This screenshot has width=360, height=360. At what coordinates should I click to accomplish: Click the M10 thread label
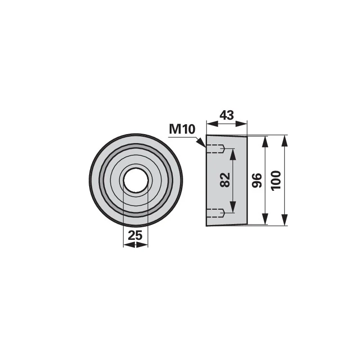click(182, 129)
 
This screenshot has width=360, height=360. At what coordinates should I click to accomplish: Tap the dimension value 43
click(227, 115)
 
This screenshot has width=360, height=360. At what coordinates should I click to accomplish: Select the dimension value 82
click(225, 180)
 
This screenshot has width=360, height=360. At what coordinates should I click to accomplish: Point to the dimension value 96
click(257, 180)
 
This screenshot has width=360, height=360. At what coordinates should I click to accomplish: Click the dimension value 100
click(276, 180)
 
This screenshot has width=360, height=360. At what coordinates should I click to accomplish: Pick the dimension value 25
click(135, 235)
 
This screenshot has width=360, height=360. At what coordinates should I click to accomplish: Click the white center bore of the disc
click(136, 180)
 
